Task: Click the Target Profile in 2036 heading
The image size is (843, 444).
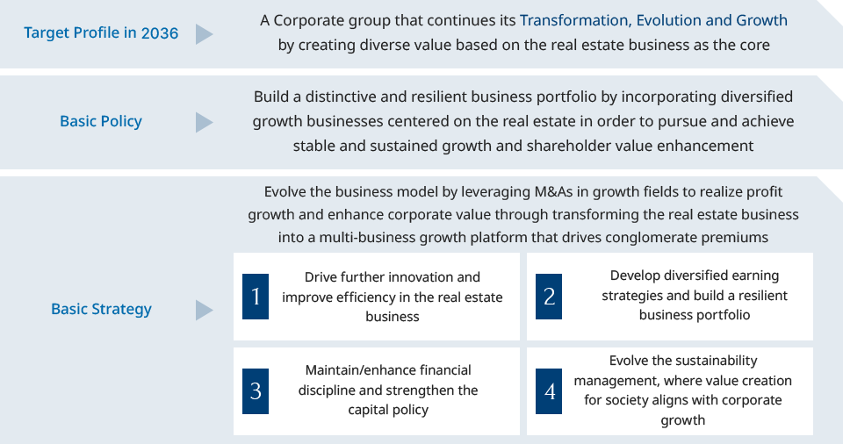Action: pos(101,32)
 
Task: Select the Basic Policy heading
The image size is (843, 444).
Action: pos(101,121)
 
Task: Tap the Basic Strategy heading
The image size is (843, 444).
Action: pos(101,309)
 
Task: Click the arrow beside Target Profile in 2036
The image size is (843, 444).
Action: pos(205,34)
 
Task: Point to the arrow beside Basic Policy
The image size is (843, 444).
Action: pos(205,122)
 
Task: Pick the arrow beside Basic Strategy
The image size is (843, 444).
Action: pos(205,310)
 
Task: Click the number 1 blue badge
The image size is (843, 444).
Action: pos(256,297)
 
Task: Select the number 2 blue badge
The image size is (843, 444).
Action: pos(549,297)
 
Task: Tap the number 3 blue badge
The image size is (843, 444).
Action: pos(256,391)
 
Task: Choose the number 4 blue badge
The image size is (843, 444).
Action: pos(549,391)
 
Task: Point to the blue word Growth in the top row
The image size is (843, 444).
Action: pos(762,20)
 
